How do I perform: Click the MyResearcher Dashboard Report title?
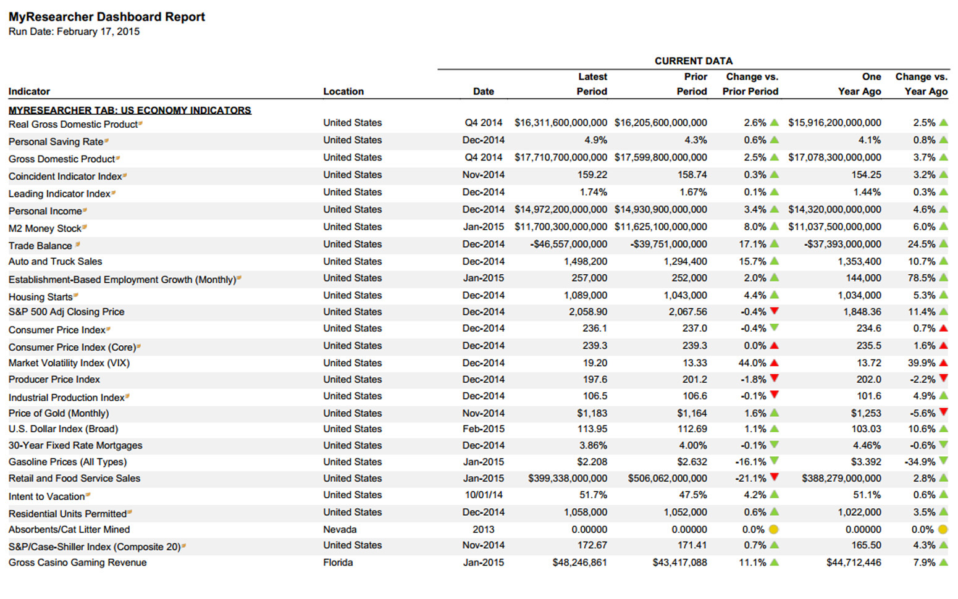tap(107, 17)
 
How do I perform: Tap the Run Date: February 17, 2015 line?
tap(74, 31)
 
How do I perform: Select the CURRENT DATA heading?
tap(693, 61)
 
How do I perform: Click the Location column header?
tap(343, 91)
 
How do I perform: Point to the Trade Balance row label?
tap(40, 246)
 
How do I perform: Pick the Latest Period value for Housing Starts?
tap(585, 295)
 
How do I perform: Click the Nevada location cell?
tap(340, 530)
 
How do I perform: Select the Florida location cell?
tap(338, 563)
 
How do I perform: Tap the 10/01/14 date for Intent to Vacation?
tap(484, 495)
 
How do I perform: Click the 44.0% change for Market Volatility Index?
tap(752, 363)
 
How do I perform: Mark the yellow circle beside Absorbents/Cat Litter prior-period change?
tap(773, 530)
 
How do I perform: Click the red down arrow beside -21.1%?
tap(774, 477)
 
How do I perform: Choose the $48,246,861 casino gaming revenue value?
tap(579, 563)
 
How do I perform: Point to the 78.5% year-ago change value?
tap(922, 279)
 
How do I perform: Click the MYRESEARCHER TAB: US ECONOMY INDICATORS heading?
tap(130, 111)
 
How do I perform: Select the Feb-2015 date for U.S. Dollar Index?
tap(484, 429)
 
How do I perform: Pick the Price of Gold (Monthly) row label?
tap(59, 414)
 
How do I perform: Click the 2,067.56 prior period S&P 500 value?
tap(687, 312)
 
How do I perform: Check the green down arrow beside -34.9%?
tap(943, 461)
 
